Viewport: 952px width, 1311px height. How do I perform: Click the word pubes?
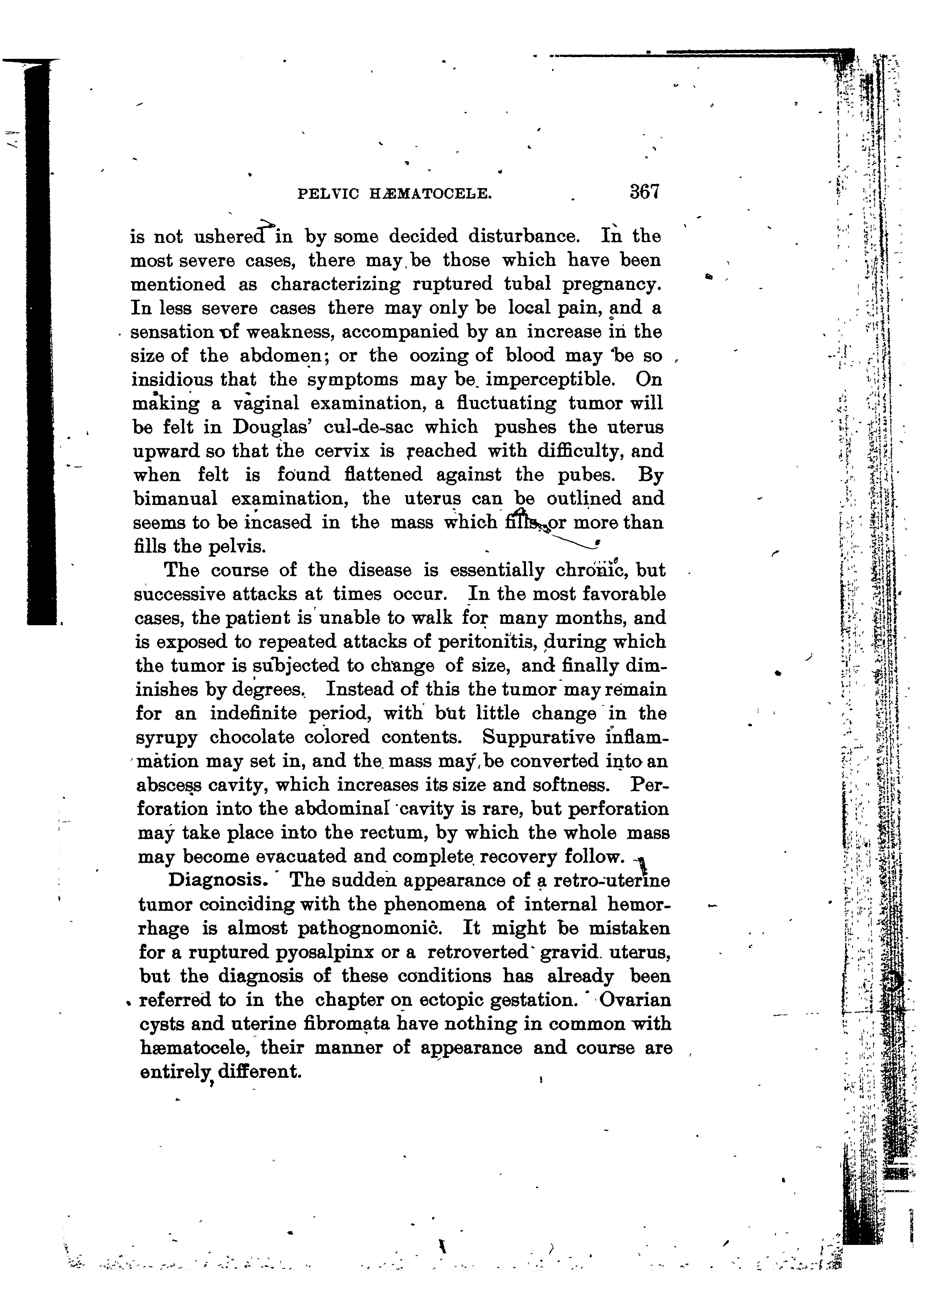[x=584, y=475]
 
